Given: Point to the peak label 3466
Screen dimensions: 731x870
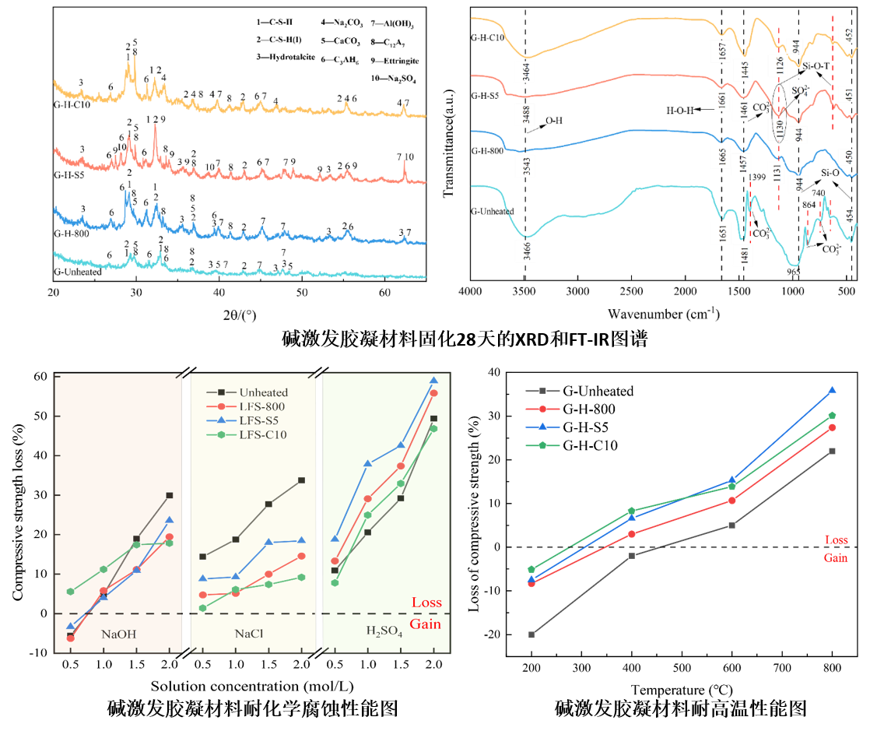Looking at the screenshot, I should coord(528,249).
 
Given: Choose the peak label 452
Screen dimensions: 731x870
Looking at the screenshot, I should coord(850,35).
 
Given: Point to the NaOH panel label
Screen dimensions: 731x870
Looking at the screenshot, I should coord(119,634).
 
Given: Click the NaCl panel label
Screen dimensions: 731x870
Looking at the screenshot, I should coord(249,634).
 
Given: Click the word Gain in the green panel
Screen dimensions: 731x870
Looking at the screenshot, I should coord(426,624).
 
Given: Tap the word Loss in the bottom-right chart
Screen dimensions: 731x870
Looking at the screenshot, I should coord(837,539).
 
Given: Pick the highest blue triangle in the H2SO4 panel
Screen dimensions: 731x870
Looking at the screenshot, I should coord(433,381).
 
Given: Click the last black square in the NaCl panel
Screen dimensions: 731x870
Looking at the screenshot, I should coord(302,480).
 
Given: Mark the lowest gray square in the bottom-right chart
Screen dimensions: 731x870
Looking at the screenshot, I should coord(531,634).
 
